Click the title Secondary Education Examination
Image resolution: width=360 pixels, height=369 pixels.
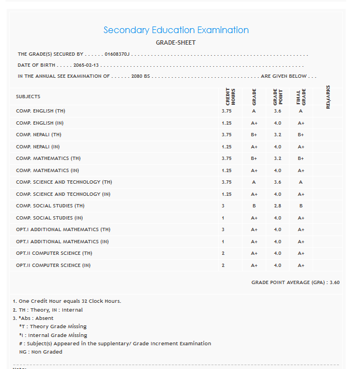pyautogui.click(x=176, y=30)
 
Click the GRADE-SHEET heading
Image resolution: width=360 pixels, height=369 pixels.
pyautogui.click(x=176, y=42)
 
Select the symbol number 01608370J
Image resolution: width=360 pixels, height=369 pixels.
pyautogui.click(x=117, y=54)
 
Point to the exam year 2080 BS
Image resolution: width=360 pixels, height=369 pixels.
pyautogui.click(x=141, y=76)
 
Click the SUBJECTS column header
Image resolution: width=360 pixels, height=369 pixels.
pyautogui.click(x=28, y=97)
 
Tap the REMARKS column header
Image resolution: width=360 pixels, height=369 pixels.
pyautogui.click(x=328, y=97)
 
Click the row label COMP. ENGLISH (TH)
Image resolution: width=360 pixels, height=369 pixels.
pyautogui.click(x=41, y=111)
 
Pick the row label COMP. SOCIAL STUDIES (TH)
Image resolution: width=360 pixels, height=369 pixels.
pyautogui.click(x=50, y=206)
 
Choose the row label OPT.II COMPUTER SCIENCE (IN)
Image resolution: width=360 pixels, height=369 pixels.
pyautogui.click(x=53, y=265)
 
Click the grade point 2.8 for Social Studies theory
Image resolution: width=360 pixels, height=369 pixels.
pyautogui.click(x=277, y=206)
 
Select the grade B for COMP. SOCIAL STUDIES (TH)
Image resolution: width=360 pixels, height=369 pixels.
pyautogui.click(x=254, y=206)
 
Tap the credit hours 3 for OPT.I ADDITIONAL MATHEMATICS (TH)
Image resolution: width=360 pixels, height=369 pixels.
pyautogui.click(x=223, y=229)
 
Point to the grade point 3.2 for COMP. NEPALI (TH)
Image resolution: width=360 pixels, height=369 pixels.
pyautogui.click(x=277, y=135)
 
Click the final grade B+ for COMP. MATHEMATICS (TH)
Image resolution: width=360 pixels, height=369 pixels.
pyautogui.click(x=301, y=158)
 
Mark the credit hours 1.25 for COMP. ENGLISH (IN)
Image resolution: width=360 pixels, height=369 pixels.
pyautogui.click(x=227, y=123)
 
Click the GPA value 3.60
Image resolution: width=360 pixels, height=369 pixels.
pyautogui.click(x=334, y=282)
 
